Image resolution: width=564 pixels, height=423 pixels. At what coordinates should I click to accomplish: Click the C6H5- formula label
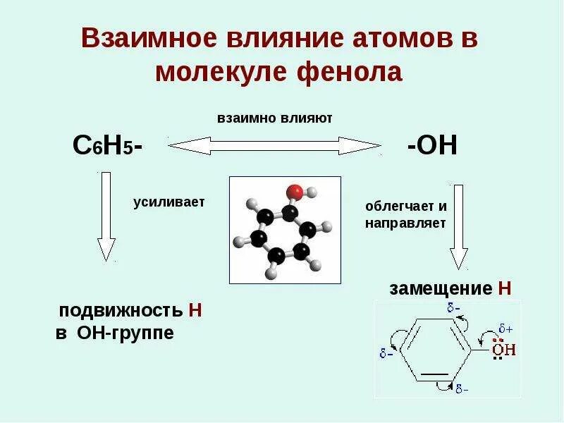pos(108,146)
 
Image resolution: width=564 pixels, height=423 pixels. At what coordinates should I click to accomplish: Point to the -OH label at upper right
pos(432,146)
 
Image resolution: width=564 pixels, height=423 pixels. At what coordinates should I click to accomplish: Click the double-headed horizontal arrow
pos(274,146)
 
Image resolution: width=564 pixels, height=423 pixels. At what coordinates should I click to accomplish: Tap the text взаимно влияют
pos(274,118)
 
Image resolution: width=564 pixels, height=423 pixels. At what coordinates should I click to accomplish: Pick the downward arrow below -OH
pos(459,226)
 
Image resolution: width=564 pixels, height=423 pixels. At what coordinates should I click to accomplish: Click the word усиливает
pos(168,202)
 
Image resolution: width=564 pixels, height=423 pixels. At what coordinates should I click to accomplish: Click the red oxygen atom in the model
pos(295,191)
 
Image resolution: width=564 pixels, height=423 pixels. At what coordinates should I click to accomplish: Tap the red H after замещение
pos(503,288)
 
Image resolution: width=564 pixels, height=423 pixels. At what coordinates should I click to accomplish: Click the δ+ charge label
pos(505,328)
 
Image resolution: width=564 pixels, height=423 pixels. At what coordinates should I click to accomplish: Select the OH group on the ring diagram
pos(503,349)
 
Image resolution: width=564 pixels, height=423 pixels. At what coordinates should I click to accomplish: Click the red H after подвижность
pos(195,311)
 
